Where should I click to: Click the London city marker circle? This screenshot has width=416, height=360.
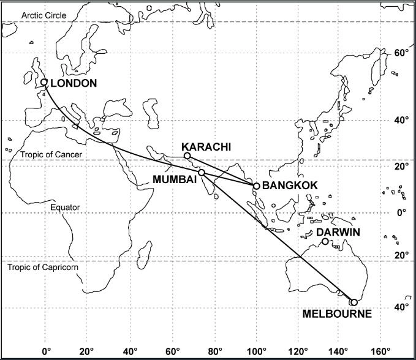click(x=44, y=82)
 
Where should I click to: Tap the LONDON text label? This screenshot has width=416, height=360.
click(x=74, y=83)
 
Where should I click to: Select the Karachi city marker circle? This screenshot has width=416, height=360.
click(x=187, y=156)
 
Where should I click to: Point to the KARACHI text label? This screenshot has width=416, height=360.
click(x=206, y=147)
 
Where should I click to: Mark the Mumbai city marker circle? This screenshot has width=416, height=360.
click(x=202, y=173)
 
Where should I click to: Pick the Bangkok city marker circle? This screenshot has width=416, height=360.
click(x=256, y=185)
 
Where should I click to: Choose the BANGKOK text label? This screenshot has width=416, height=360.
click(x=289, y=185)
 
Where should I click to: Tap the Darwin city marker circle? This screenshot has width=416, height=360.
click(x=325, y=241)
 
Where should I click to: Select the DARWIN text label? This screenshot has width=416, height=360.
click(x=338, y=233)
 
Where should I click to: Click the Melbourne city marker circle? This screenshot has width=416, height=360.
click(x=354, y=302)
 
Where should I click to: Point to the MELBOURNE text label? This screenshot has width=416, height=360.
click(x=337, y=314)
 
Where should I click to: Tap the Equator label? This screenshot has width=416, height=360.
click(x=65, y=208)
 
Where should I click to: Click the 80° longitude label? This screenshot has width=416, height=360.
click(x=215, y=351)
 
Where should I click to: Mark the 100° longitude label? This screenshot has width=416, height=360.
click(x=257, y=351)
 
